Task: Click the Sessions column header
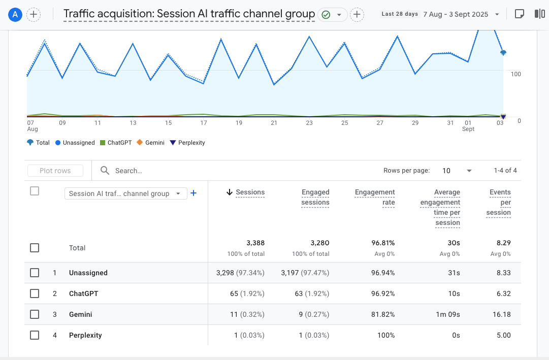click(x=250, y=192)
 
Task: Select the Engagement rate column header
click(x=375, y=197)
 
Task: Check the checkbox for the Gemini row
click(x=35, y=314)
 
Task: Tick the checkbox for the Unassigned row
click(x=35, y=273)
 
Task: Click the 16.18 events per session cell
click(x=501, y=314)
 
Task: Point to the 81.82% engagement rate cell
click(x=383, y=314)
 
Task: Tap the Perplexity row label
click(x=85, y=335)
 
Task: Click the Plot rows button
click(x=55, y=171)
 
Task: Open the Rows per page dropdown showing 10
click(x=457, y=171)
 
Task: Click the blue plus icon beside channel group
click(x=193, y=193)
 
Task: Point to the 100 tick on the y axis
click(x=515, y=74)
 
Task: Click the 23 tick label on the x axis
click(x=309, y=123)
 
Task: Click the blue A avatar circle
click(x=15, y=14)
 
